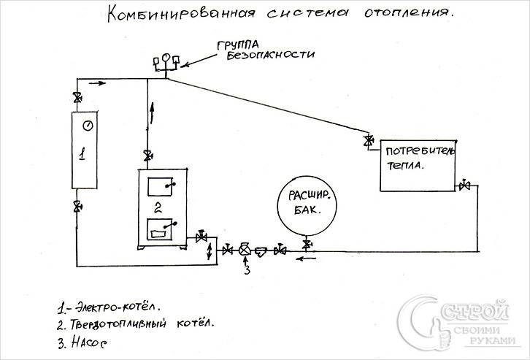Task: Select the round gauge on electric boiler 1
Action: [x=87, y=125]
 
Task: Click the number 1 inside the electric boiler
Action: [x=83, y=155]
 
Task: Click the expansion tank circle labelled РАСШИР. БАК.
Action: [x=306, y=202]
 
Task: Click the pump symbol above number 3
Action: [x=245, y=250]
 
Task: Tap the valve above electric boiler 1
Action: [x=77, y=98]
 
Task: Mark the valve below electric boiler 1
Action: [x=77, y=208]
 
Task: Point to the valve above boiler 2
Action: [x=148, y=156]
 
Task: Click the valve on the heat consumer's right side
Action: [x=464, y=187]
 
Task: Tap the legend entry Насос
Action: [x=87, y=340]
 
